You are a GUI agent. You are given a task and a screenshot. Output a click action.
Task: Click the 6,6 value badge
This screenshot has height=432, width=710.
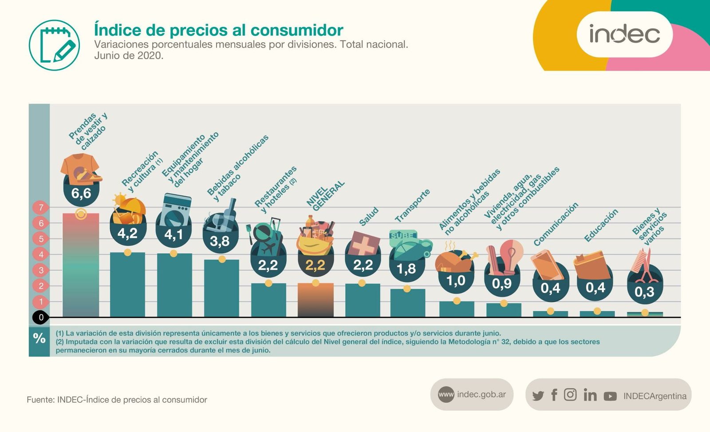[x=81, y=193]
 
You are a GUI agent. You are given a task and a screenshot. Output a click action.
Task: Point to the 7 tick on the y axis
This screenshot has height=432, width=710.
[x=41, y=207]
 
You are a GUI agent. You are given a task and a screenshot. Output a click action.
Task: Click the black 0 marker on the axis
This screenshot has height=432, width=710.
[x=41, y=317]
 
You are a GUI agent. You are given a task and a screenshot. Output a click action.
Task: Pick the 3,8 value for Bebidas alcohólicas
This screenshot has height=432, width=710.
[x=220, y=241]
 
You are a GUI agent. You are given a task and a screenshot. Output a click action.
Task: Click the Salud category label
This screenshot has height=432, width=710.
[x=369, y=216]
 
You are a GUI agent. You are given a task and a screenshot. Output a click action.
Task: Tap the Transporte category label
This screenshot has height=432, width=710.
[x=412, y=206]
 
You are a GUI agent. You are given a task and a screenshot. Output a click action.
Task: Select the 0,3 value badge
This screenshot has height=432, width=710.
[x=644, y=292]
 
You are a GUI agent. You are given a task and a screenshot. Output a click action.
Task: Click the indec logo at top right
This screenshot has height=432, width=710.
[x=624, y=34]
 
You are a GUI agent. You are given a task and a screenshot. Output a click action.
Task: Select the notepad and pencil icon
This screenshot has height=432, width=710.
[x=54, y=45]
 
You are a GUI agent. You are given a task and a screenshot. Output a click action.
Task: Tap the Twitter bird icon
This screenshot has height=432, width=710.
[x=538, y=396]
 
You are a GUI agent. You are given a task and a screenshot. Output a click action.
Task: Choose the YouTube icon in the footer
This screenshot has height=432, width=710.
[x=610, y=396]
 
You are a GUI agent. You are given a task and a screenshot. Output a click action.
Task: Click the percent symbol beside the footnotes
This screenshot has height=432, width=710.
[x=39, y=339]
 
